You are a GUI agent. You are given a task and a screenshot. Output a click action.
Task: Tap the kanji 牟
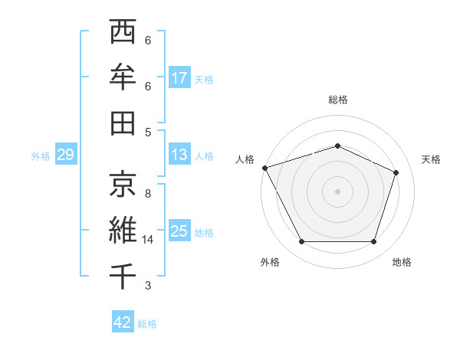tap(123, 77)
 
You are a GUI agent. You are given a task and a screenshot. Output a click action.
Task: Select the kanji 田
tap(123, 123)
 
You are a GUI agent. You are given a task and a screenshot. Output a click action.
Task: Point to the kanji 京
tap(123, 184)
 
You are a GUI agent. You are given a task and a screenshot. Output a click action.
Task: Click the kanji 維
tap(123, 230)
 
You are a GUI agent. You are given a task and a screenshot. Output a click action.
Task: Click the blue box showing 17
tap(179, 78)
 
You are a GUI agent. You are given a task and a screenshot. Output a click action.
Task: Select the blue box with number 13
tap(179, 155)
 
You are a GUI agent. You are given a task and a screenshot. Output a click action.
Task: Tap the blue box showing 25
tap(179, 231)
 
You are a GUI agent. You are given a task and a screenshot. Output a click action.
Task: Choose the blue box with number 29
tap(65, 155)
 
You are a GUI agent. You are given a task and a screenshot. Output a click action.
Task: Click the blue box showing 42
tap(123, 322)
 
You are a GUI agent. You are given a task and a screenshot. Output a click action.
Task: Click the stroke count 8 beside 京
tap(147, 194)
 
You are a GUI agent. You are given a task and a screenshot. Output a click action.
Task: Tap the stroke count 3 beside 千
tap(147, 286)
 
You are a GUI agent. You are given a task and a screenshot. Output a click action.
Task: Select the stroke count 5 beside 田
tap(147, 132)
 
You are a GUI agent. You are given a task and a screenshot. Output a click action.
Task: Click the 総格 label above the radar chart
tap(337, 100)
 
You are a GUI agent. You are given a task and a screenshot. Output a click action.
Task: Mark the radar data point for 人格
tap(264, 168)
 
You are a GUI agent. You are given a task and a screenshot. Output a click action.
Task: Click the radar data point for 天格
tap(396, 172)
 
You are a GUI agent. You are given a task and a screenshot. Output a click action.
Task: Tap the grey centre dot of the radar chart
tap(337, 191)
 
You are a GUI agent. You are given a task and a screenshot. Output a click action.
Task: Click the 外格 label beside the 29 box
tap(41, 156)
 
